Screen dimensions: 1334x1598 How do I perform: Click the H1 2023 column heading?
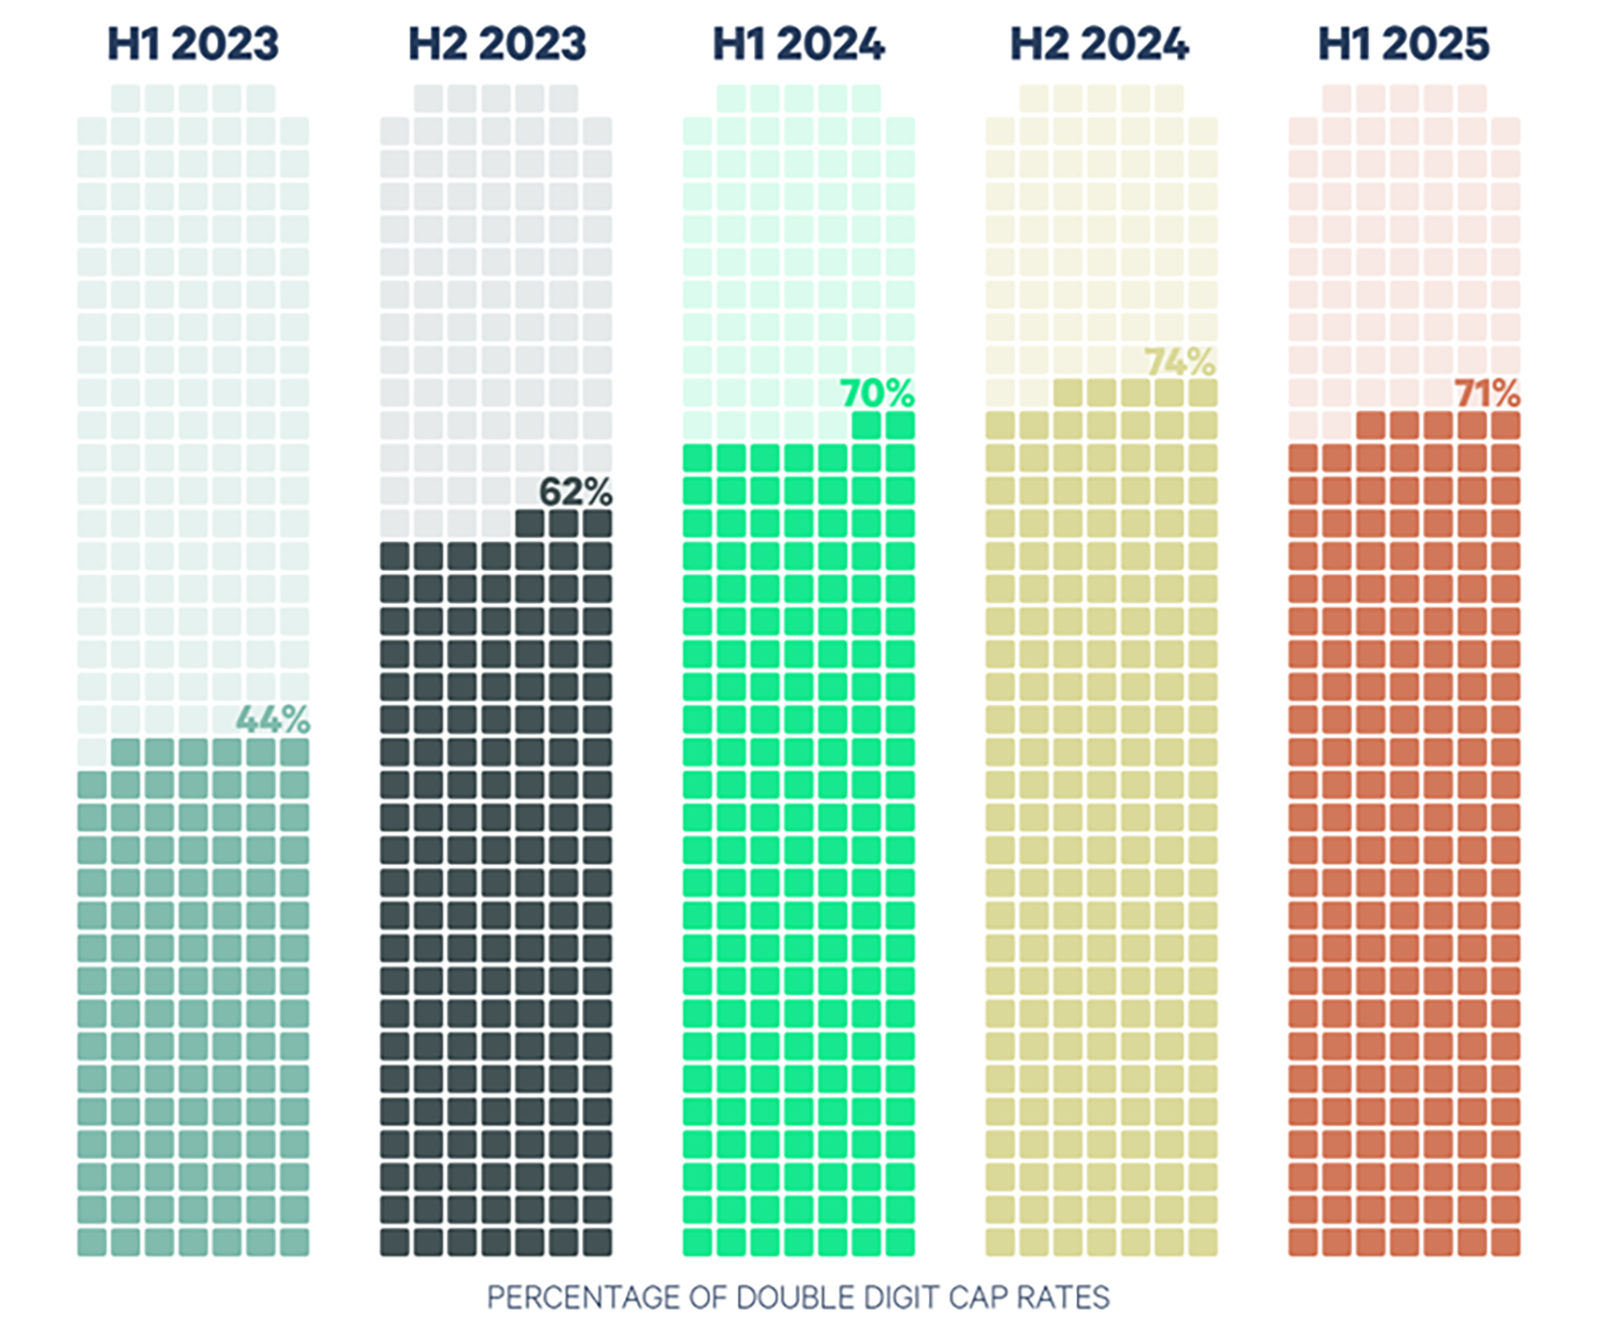[192, 44]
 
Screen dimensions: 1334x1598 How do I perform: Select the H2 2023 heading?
[497, 44]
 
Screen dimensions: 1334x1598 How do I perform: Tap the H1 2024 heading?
[798, 44]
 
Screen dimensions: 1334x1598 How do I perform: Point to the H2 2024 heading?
[1099, 44]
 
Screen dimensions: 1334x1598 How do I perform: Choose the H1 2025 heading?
[1403, 44]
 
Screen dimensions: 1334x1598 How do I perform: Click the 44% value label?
[273, 720]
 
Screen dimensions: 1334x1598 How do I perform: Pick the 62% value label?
[575, 492]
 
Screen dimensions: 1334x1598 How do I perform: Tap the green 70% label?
[877, 394]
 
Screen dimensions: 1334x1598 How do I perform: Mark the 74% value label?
[1180, 362]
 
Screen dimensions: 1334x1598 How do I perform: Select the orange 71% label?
[1486, 394]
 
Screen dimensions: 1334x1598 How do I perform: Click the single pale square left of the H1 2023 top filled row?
[92, 753]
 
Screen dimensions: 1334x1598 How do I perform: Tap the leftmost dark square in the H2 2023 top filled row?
[530, 524]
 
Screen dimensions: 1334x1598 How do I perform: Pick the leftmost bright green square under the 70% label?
[866, 426]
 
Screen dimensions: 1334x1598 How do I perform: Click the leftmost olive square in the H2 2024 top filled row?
[1067, 394]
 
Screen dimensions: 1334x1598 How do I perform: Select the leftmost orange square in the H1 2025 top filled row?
[1371, 426]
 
